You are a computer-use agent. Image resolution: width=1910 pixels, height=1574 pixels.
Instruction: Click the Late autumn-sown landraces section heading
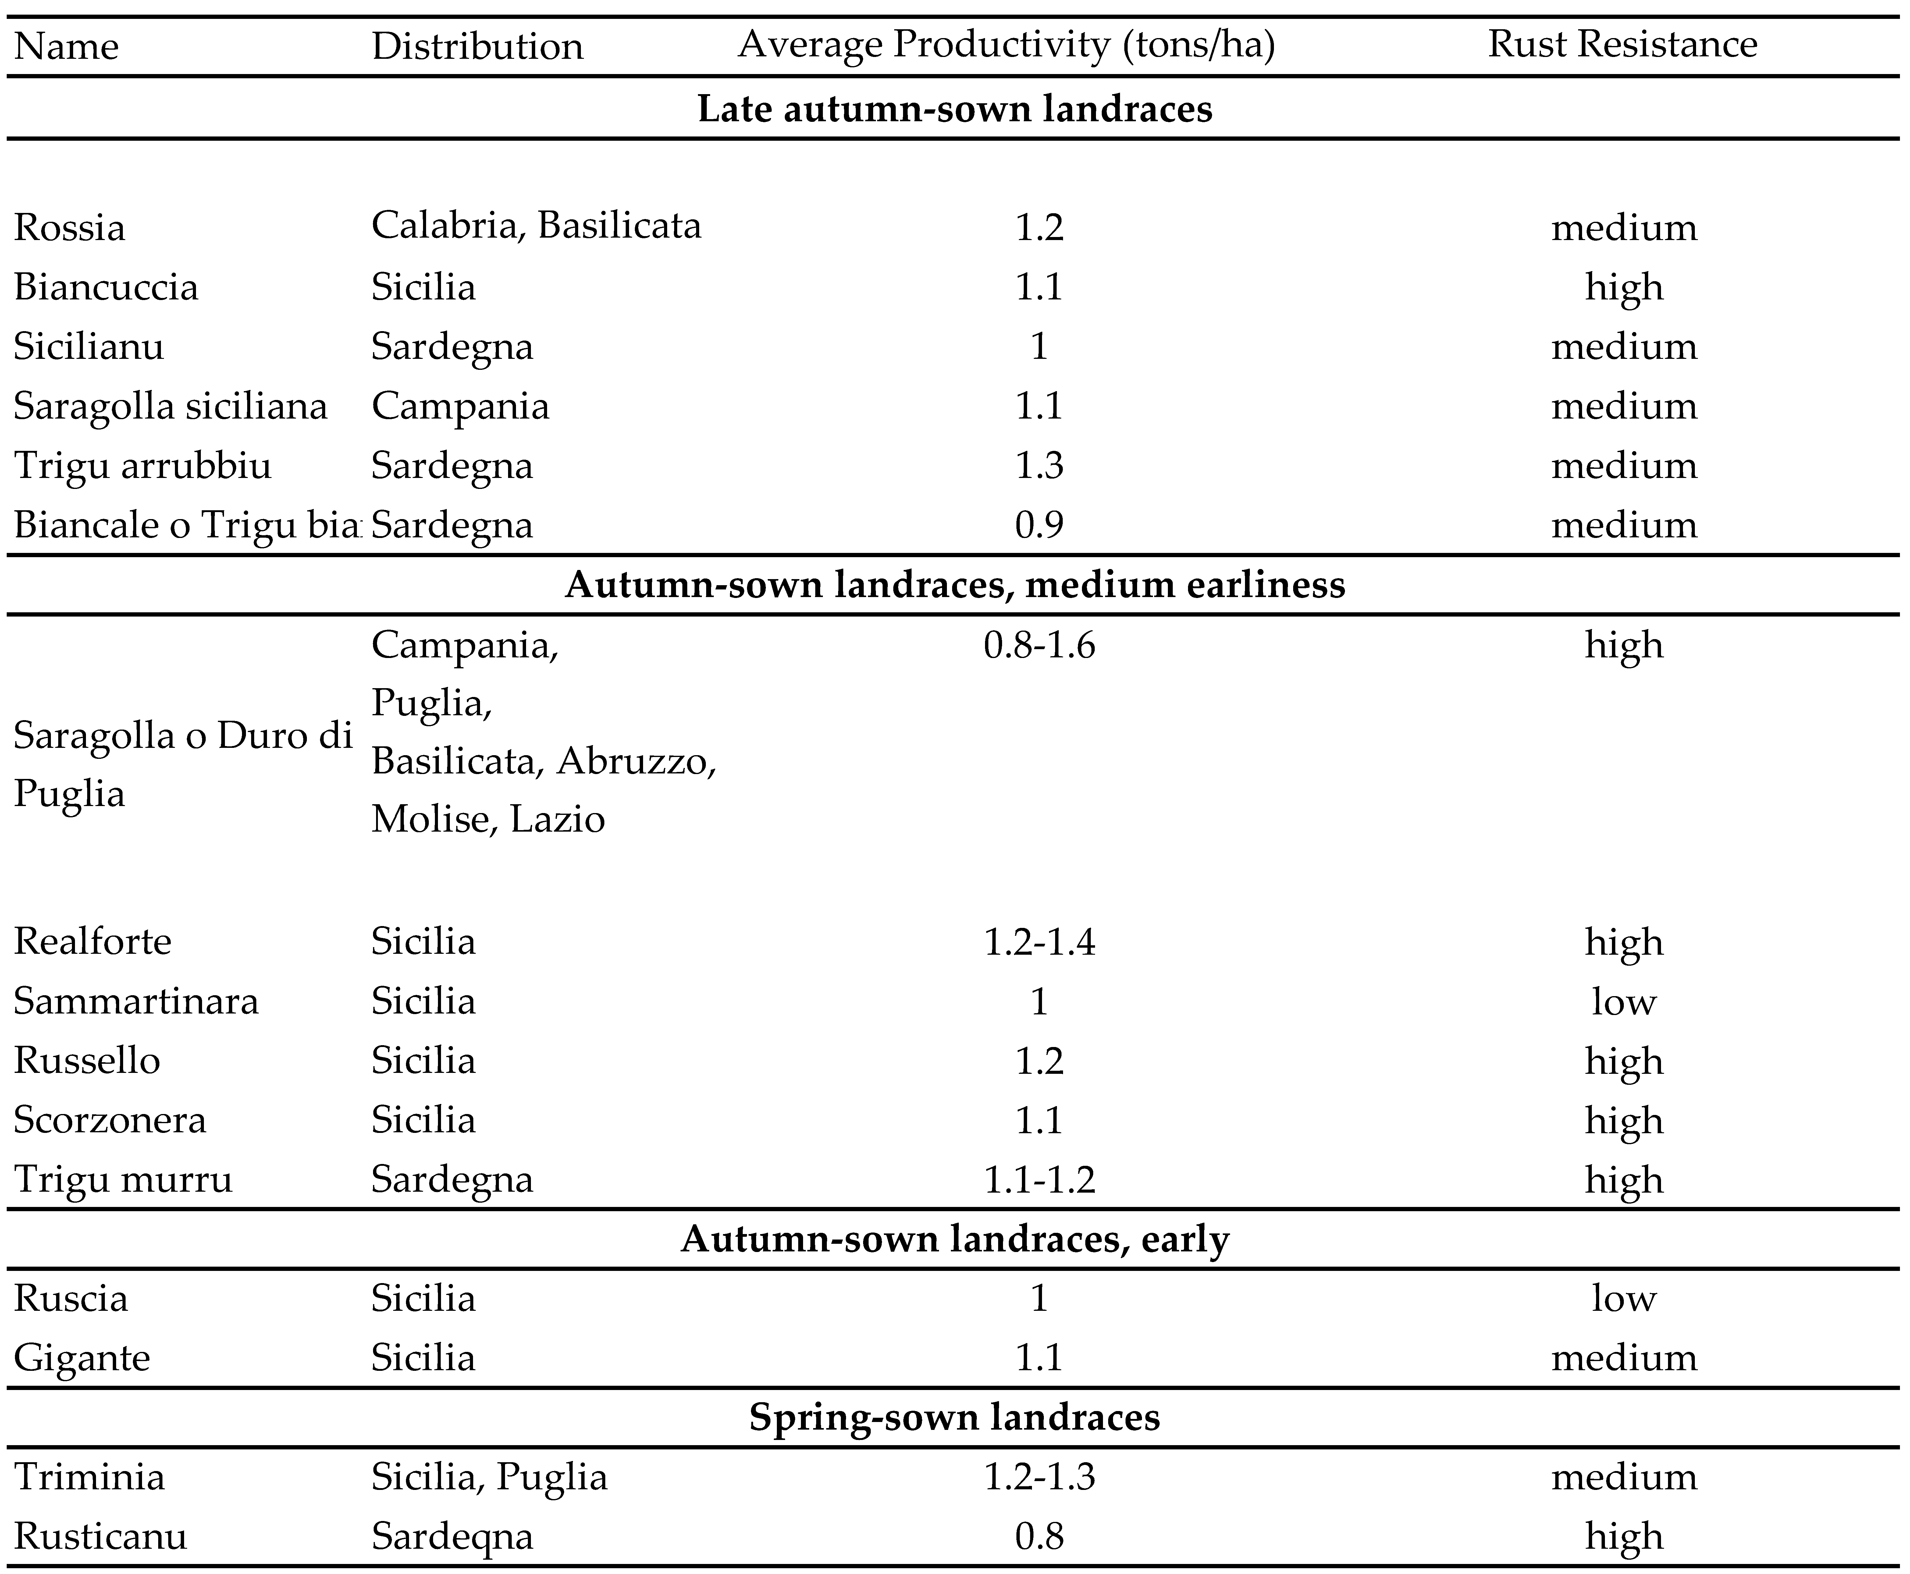click(x=955, y=109)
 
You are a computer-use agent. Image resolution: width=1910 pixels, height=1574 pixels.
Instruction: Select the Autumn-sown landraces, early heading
click(x=955, y=1239)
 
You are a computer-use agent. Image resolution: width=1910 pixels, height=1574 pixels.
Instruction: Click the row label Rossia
click(x=70, y=227)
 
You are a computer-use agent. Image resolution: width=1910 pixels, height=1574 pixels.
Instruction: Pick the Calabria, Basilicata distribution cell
click(x=536, y=225)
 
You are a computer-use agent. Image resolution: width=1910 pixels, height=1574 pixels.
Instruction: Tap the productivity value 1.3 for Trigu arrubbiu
click(x=1039, y=465)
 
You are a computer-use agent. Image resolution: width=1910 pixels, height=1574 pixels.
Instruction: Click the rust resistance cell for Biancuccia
click(x=1624, y=287)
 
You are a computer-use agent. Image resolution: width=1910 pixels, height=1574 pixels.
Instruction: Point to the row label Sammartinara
click(x=136, y=1001)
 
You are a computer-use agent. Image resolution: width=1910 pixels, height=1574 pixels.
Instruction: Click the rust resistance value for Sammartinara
click(x=1624, y=1001)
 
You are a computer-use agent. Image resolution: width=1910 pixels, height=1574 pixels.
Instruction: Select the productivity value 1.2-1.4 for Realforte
click(x=1039, y=942)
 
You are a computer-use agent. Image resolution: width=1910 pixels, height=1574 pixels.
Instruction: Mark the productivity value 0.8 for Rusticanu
click(x=1039, y=1536)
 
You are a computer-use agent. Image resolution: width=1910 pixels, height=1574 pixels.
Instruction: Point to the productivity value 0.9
click(x=1039, y=525)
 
